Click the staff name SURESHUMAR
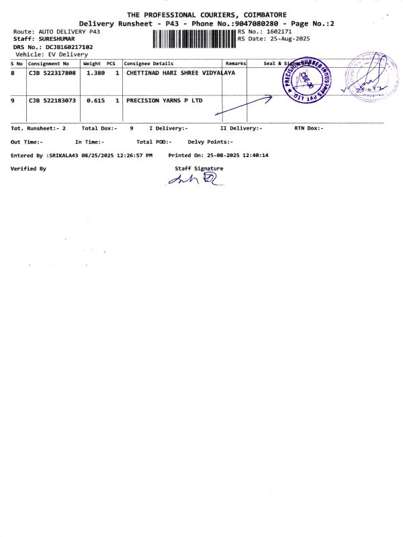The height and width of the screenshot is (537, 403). pyautogui.click(x=57, y=39)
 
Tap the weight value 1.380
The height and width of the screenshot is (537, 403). pyautogui.click(x=93, y=73)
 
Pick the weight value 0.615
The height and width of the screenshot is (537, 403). pyautogui.click(x=93, y=100)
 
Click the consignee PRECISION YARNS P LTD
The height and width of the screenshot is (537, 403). pyautogui.click(x=165, y=100)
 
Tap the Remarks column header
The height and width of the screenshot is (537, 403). pyautogui.click(x=236, y=63)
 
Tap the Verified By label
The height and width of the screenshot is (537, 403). pyautogui.click(x=28, y=168)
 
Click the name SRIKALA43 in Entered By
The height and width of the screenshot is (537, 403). pyautogui.click(x=63, y=155)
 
